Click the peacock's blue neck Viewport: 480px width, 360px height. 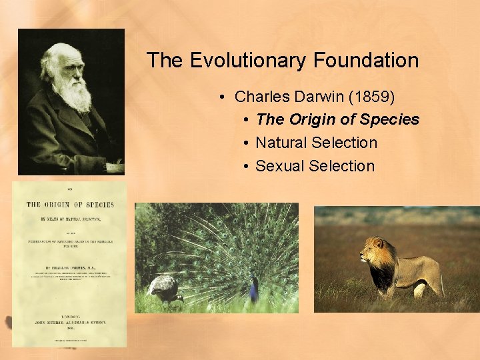pyautogui.click(x=254, y=289)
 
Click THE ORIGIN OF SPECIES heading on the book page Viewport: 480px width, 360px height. pyautogui.click(x=70, y=205)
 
